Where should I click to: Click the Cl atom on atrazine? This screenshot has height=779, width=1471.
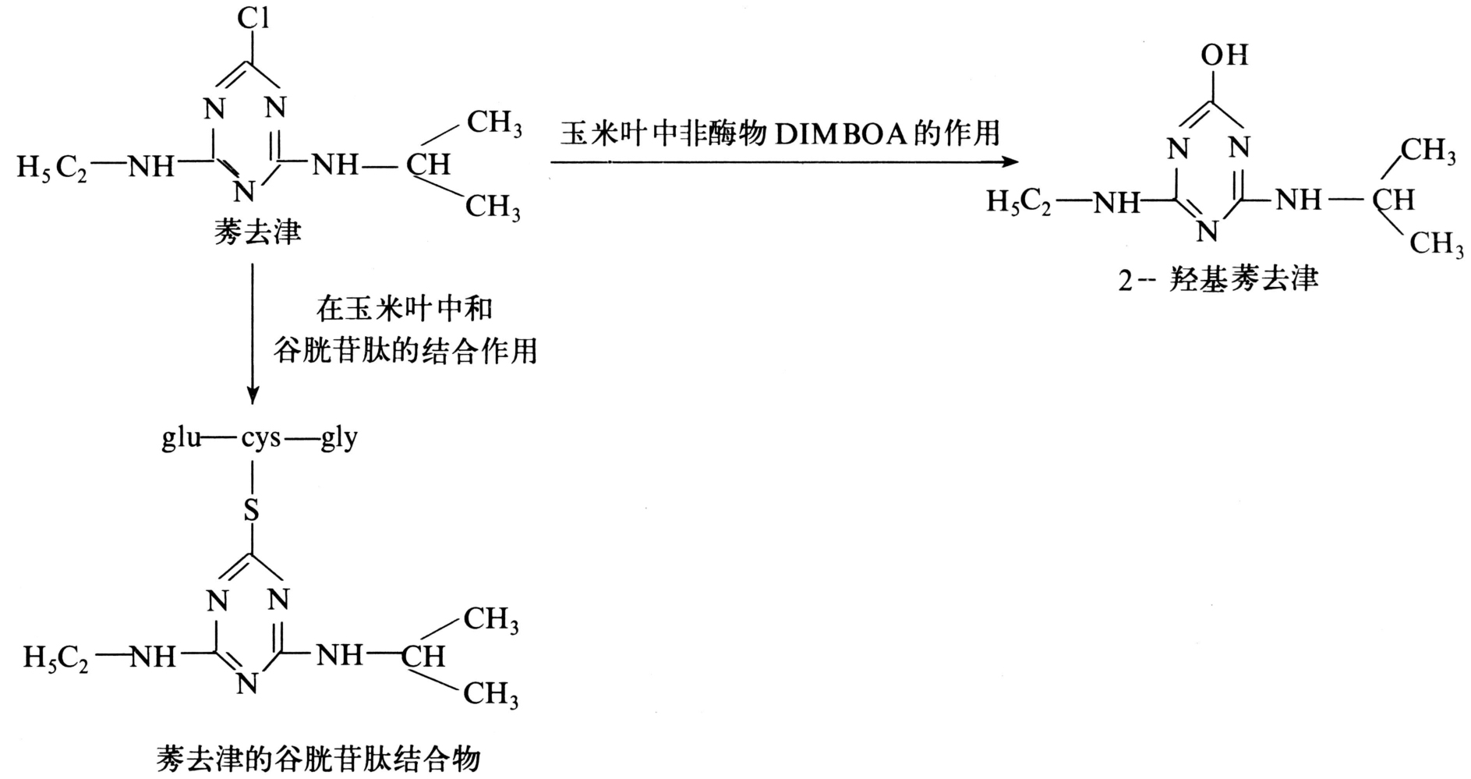(253, 17)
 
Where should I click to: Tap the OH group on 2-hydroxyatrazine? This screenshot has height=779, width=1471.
(1224, 55)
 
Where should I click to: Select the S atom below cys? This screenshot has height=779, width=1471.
(251, 511)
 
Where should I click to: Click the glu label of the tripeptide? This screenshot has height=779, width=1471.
(181, 439)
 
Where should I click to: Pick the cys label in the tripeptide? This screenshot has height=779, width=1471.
(260, 440)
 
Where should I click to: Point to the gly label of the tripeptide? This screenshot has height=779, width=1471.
(339, 440)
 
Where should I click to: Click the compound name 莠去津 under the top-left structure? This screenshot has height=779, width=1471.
(258, 231)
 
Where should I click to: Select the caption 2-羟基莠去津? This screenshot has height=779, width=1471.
(1218, 279)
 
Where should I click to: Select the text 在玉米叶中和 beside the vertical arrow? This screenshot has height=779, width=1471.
(405, 309)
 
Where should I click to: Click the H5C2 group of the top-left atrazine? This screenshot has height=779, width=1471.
(52, 168)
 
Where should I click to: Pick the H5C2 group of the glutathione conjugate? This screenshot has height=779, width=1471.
(55, 658)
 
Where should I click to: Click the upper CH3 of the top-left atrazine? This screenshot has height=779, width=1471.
(494, 123)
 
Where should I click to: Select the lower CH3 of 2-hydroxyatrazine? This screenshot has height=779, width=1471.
(1436, 244)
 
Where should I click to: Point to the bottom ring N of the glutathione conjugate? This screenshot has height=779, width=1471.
(247, 684)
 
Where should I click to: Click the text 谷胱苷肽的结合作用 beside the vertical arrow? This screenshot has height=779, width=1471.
(405, 351)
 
